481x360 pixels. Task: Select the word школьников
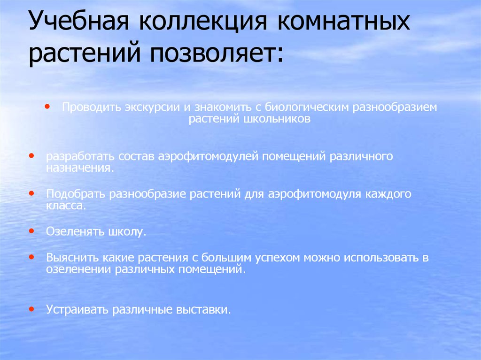[x=277, y=119]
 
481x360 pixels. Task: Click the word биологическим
[x=305, y=107]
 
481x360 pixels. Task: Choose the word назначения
[x=79, y=168]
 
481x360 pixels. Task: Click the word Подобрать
[x=76, y=193]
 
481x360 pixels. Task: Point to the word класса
[x=65, y=206]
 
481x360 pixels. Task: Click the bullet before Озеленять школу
[x=31, y=231]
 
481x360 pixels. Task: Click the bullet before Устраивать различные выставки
[x=31, y=309]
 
